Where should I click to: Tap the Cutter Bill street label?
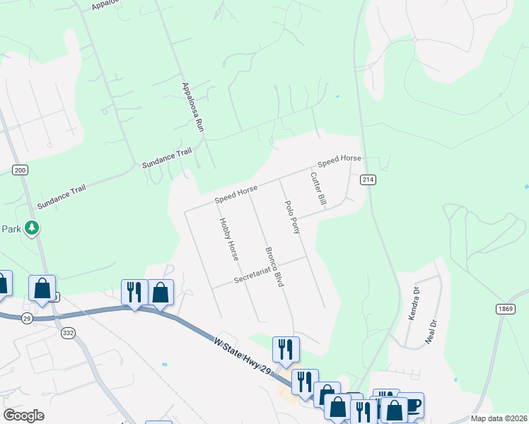(318, 189)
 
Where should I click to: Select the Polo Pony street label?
(292, 217)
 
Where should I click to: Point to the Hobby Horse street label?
(228, 239)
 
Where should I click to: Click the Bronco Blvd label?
(274, 266)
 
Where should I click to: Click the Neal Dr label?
(429, 330)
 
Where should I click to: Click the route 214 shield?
(367, 179)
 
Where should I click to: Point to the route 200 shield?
(20, 170)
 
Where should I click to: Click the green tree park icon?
(31, 228)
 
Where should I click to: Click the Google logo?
(23, 416)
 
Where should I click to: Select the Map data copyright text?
(499, 418)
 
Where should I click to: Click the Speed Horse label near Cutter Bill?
(339, 161)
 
